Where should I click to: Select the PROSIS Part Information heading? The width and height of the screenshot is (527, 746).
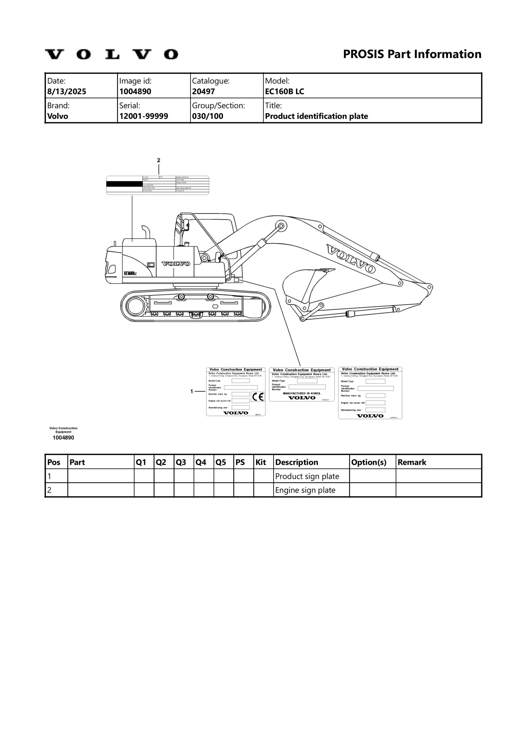pyautogui.click(x=412, y=54)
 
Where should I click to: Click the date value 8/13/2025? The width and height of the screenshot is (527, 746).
pyautogui.click(x=67, y=91)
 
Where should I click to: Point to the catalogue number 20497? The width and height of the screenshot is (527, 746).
pyautogui.click(x=203, y=91)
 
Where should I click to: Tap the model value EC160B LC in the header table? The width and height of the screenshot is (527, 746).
pyautogui.click(x=284, y=91)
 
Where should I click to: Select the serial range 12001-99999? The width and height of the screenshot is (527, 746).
pyautogui.click(x=144, y=116)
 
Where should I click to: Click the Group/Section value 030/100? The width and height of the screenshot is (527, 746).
pyautogui.click(x=207, y=116)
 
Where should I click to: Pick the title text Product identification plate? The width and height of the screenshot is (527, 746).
pyautogui.click(x=316, y=116)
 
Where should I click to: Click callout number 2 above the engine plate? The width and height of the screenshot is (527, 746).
pyautogui.click(x=158, y=160)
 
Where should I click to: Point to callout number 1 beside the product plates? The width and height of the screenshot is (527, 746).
pyautogui.click(x=192, y=392)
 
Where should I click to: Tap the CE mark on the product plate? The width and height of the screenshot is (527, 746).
pyautogui.click(x=258, y=397)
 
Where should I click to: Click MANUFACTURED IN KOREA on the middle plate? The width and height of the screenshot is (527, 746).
pyautogui.click(x=302, y=393)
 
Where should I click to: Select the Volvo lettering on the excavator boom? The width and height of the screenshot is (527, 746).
pyautogui.click(x=351, y=259)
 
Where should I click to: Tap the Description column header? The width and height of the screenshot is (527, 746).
pyautogui.click(x=296, y=462)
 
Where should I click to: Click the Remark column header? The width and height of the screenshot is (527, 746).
pyautogui.click(x=412, y=462)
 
